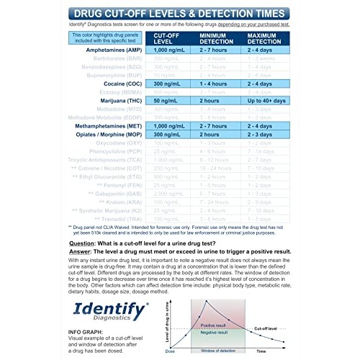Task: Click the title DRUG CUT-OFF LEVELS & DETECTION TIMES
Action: [179, 13]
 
